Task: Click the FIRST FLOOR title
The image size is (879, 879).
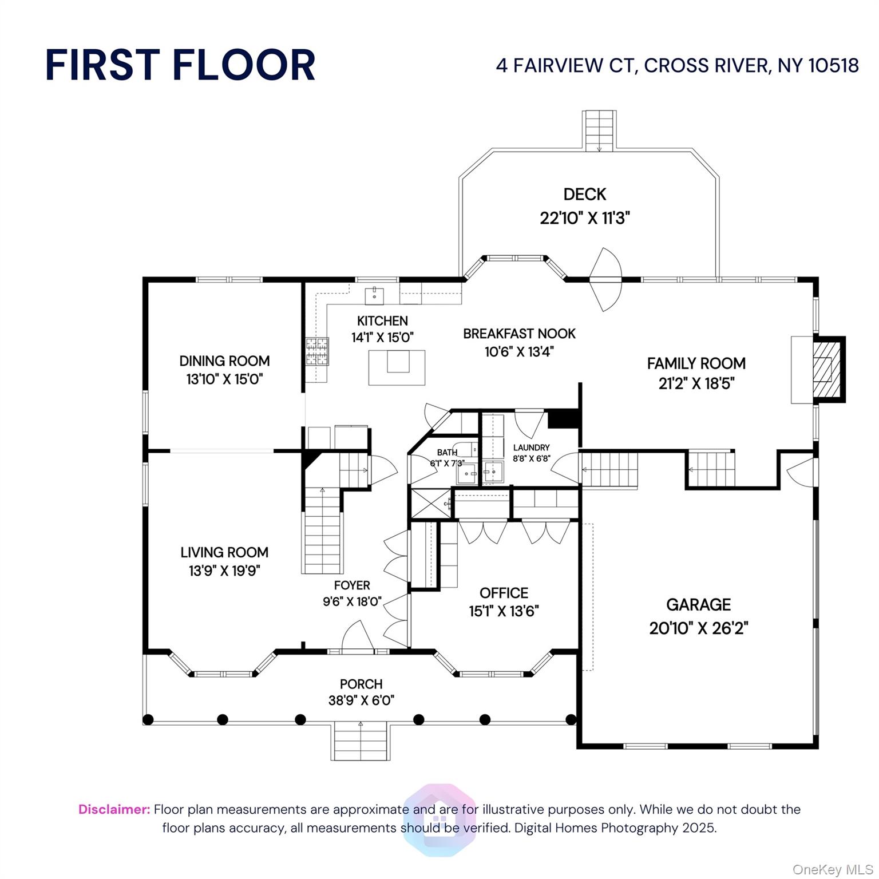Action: [180, 65]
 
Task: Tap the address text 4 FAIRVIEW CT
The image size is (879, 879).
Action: [566, 65]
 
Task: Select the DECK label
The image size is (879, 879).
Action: [584, 195]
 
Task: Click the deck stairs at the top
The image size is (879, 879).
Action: [599, 131]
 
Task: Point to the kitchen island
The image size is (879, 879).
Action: [397, 367]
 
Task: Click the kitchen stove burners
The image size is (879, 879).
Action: [317, 351]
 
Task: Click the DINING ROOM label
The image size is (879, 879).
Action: [224, 361]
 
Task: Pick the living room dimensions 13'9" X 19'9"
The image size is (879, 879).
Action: [224, 571]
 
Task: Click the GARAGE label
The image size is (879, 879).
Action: [698, 605]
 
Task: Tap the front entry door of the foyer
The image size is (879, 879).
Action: [357, 636]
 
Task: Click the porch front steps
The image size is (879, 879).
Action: [361, 742]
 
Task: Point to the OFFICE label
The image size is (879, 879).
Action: [504, 593]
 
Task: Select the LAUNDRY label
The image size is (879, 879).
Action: [531, 448]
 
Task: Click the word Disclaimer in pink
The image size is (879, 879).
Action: [114, 809]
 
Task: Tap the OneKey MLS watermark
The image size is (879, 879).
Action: [833, 870]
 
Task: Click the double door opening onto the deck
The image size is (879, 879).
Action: [605, 279]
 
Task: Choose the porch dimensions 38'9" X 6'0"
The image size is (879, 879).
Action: [361, 700]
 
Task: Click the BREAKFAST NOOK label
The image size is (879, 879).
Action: [519, 334]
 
